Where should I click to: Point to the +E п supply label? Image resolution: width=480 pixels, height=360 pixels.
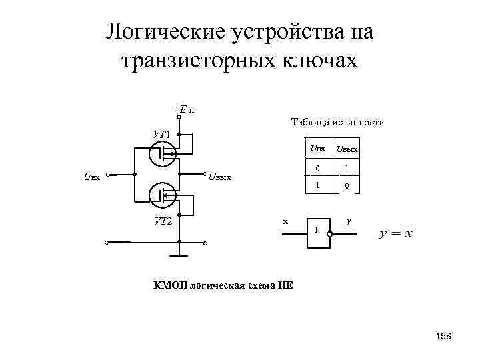(184, 110)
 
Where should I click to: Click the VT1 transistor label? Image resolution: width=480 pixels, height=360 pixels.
(161, 134)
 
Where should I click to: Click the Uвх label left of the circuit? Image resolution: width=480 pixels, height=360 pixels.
(91, 177)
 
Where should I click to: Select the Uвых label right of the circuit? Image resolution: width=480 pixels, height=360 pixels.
(219, 177)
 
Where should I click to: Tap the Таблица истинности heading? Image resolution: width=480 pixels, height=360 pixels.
(337, 122)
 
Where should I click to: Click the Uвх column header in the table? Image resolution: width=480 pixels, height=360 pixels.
(317, 147)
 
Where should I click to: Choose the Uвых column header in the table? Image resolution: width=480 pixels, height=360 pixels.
(346, 148)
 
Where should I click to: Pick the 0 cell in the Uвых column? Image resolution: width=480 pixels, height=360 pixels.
(347, 186)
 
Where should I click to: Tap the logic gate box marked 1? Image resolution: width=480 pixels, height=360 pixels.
(317, 233)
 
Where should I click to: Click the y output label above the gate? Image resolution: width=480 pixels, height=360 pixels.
(347, 219)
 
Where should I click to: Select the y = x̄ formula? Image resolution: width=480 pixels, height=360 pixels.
(396, 233)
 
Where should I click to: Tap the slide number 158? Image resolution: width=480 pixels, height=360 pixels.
(442, 337)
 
